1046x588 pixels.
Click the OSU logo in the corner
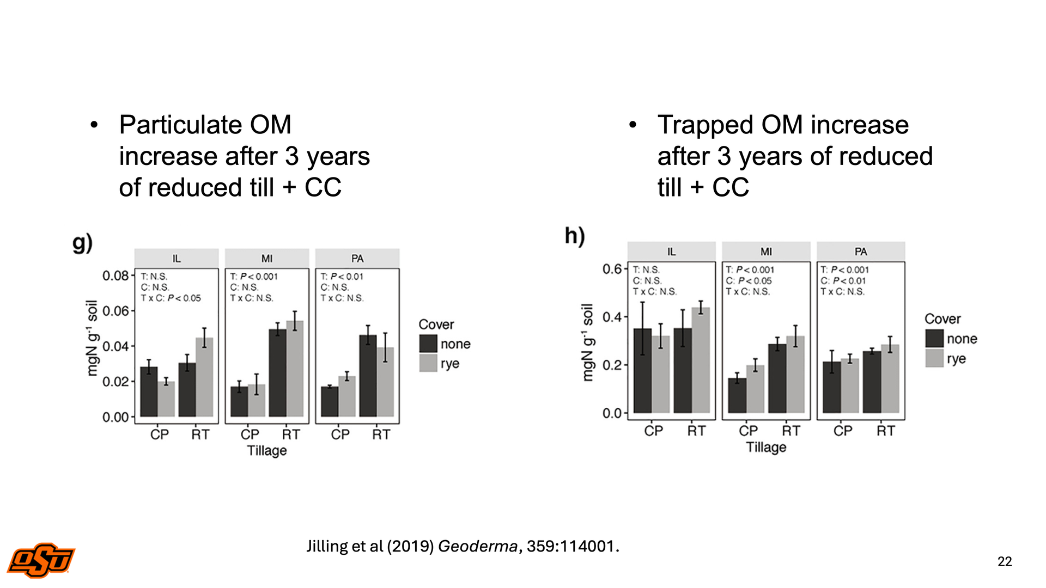(41, 560)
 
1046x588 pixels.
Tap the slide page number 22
(1005, 561)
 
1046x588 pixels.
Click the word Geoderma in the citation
(477, 546)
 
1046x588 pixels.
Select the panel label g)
(82, 243)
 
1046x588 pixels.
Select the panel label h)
(575, 236)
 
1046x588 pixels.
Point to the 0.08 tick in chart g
(115, 275)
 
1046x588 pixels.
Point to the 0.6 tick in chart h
(612, 269)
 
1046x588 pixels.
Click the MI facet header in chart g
(267, 258)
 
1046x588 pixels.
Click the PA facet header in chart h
(861, 252)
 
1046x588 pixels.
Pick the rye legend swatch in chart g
(428, 363)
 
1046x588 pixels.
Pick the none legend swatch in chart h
(934, 339)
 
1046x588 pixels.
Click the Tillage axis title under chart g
(267, 451)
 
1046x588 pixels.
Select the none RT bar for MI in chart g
(277, 373)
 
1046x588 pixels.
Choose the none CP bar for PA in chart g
(329, 402)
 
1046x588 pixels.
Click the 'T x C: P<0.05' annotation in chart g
(171, 298)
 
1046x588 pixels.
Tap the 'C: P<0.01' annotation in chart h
(843, 281)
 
